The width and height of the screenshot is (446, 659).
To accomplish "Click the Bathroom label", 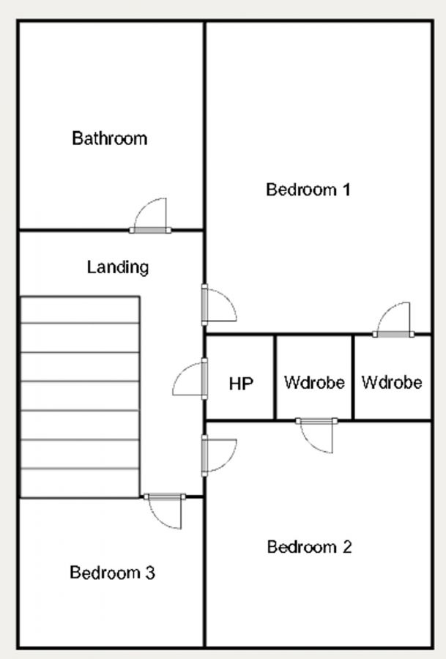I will point(109,138).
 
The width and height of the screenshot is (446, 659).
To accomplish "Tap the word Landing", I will point(117,267).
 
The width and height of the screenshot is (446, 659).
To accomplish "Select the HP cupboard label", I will point(241,383).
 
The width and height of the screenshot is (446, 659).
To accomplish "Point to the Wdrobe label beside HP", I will point(314,382).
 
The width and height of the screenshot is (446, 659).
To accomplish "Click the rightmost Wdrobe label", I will point(392,382).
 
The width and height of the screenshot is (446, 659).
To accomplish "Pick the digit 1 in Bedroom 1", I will point(346,190).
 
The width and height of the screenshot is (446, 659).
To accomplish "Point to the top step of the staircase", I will point(80,310).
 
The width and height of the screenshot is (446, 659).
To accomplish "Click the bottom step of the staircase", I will point(80,483).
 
